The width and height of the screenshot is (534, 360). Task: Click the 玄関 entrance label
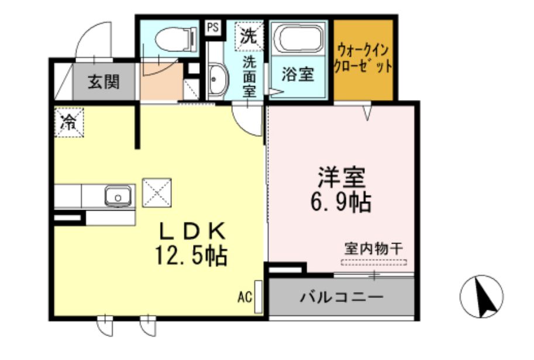(104, 81)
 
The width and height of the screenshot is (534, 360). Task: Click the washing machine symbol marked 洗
(249, 36)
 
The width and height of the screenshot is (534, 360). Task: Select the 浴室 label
(298, 74)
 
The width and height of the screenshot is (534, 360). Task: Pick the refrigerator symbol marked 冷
(70, 122)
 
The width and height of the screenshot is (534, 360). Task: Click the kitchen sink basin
(118, 196)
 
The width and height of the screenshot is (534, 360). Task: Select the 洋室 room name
(342, 176)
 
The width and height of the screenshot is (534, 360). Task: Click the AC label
(244, 297)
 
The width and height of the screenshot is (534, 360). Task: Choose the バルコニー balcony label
(342, 296)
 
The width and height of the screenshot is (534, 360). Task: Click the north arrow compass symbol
(482, 296)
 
